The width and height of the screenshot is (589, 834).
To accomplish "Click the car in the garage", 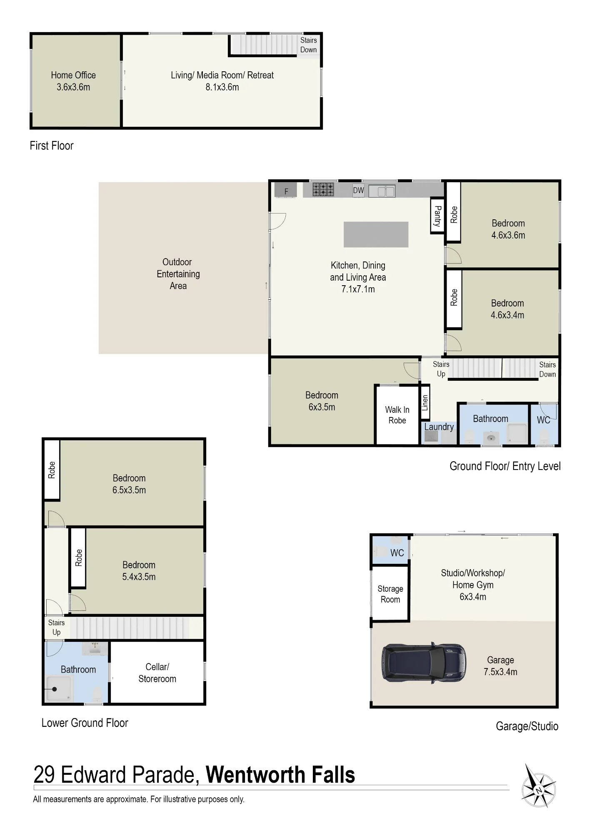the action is click(x=424, y=662).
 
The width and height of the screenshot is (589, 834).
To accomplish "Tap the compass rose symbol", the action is click(x=539, y=786).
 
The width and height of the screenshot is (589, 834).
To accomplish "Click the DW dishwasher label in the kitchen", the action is click(x=358, y=191).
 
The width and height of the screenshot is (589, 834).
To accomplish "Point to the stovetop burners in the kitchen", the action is click(x=323, y=189).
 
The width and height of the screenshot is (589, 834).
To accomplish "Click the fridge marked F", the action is click(x=286, y=190).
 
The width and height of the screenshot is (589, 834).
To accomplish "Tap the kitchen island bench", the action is click(x=376, y=234).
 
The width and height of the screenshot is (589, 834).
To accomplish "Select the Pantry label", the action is click(x=437, y=216).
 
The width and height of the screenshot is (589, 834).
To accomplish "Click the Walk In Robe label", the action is click(x=397, y=415).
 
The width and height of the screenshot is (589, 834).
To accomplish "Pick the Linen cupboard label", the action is click(x=425, y=403).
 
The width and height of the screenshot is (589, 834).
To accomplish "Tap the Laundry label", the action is click(x=439, y=427).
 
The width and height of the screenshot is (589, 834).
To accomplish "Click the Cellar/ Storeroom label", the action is click(x=157, y=673).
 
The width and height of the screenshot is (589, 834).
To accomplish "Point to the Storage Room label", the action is click(x=390, y=594).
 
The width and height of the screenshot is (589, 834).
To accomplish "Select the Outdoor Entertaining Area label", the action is click(x=178, y=274).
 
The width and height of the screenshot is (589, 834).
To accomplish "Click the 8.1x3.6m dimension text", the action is click(x=222, y=87).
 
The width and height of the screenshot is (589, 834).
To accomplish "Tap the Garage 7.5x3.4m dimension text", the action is click(x=500, y=672).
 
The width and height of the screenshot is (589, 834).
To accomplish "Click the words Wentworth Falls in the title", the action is click(x=280, y=775).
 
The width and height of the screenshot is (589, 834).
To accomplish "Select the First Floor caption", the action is click(x=52, y=146).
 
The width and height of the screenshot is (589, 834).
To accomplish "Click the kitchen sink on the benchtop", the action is click(x=382, y=191).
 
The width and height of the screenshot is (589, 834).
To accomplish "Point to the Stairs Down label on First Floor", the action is click(x=308, y=45).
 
